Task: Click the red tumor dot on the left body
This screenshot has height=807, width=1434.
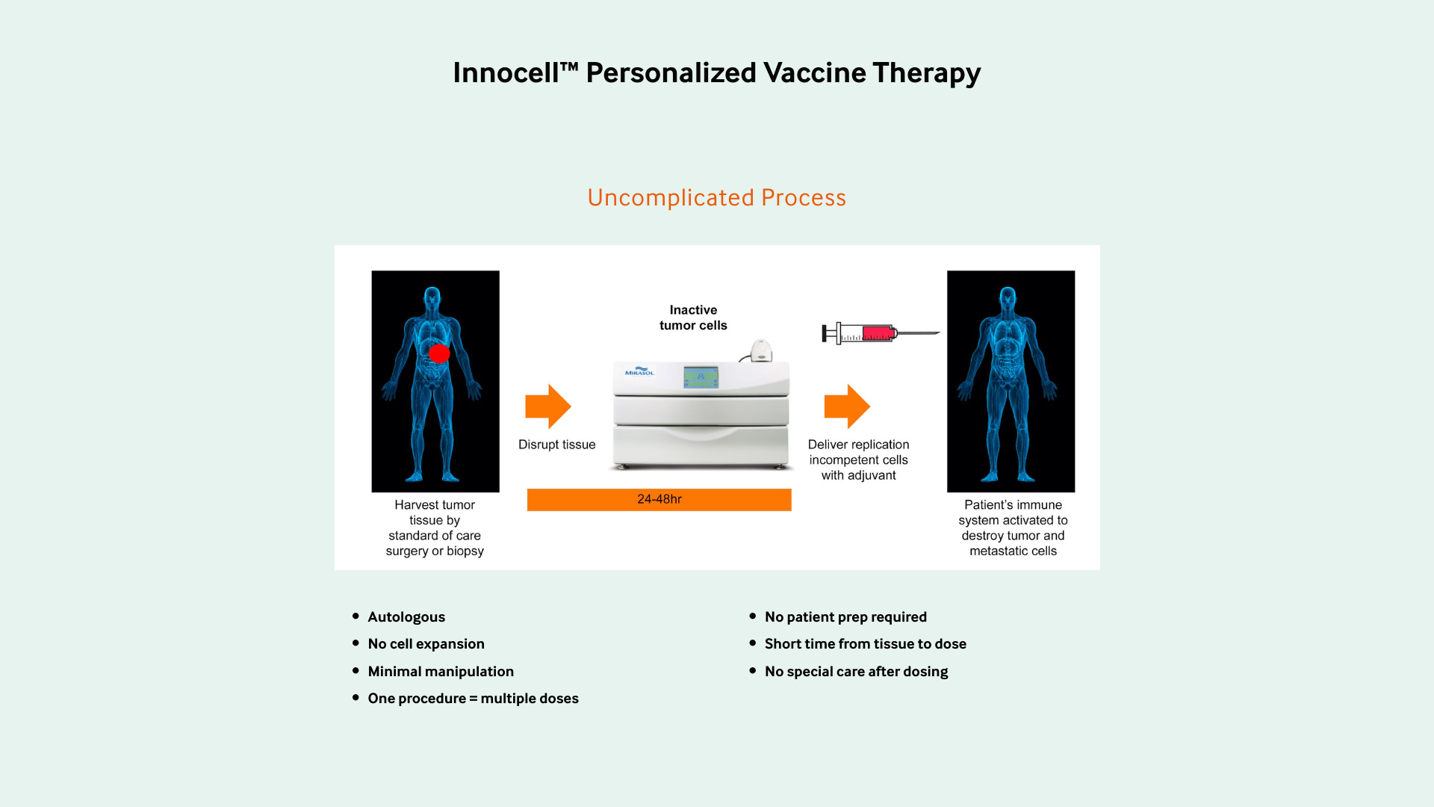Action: pyautogui.click(x=439, y=353)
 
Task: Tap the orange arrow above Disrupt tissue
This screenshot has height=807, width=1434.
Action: pyautogui.click(x=548, y=406)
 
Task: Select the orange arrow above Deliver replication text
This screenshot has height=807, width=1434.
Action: pyautogui.click(x=847, y=406)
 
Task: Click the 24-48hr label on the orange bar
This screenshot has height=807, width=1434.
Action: pyautogui.click(x=659, y=499)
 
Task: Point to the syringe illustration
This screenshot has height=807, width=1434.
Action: pyautogui.click(x=881, y=333)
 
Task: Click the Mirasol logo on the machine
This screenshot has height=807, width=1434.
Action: pyautogui.click(x=639, y=371)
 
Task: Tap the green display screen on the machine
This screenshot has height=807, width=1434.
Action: pyautogui.click(x=701, y=377)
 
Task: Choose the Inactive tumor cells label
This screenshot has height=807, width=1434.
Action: pyautogui.click(x=693, y=318)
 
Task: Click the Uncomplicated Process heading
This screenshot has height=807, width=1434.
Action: pyautogui.click(x=717, y=197)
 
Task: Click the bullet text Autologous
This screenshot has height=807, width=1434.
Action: pyautogui.click(x=406, y=617)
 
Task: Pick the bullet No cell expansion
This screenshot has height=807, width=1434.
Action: pyautogui.click(x=426, y=644)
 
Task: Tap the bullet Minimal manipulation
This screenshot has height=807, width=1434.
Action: pyautogui.click(x=441, y=672)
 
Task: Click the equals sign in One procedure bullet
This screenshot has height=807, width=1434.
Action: pyautogui.click(x=474, y=699)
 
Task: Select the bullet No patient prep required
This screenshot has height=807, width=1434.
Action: pyautogui.click(x=845, y=617)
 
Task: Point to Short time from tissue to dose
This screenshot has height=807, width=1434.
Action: pyautogui.click(x=866, y=644)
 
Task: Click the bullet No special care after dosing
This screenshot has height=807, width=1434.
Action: pyautogui.click(x=857, y=672)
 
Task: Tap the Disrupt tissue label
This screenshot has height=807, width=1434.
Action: pyautogui.click(x=557, y=445)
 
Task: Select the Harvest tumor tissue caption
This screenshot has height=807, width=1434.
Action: pyautogui.click(x=435, y=528)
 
